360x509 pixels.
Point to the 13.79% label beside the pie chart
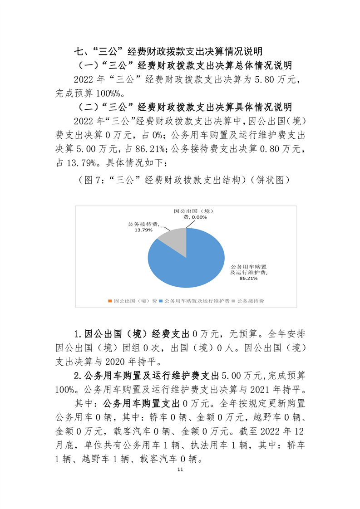coord(142,230)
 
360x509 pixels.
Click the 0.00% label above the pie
coord(198,217)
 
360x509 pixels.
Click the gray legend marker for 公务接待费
coord(233,301)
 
